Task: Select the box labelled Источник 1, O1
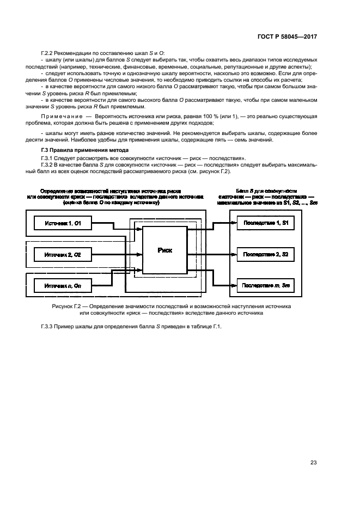pos(64,223)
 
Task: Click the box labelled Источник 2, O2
pos(64,254)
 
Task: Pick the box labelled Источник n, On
pos(64,285)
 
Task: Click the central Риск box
pos(165,250)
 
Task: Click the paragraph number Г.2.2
pos(48,52)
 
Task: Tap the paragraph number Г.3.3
pos(48,327)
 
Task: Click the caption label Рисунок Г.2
pos(66,306)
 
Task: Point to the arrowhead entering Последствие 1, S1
pos(234,223)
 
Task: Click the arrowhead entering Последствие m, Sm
pos(234,285)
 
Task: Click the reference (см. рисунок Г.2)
pos(208,172)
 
